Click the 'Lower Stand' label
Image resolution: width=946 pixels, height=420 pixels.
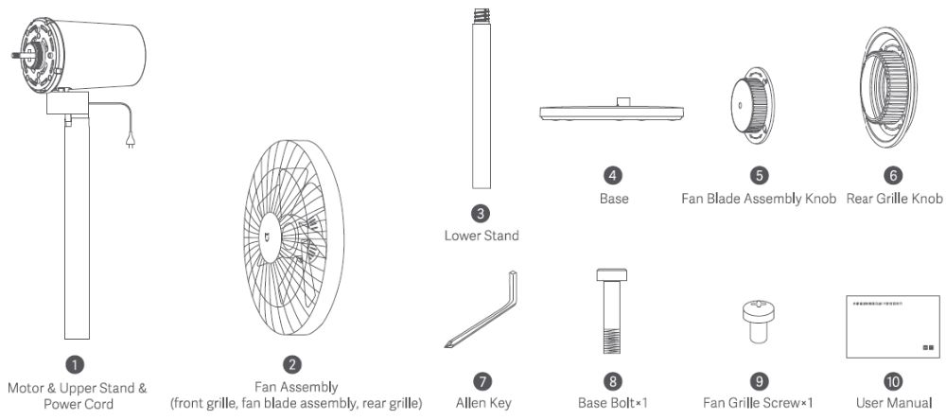482,236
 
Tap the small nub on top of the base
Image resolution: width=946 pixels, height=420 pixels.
623,101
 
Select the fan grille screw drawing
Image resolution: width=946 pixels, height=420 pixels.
758,317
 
